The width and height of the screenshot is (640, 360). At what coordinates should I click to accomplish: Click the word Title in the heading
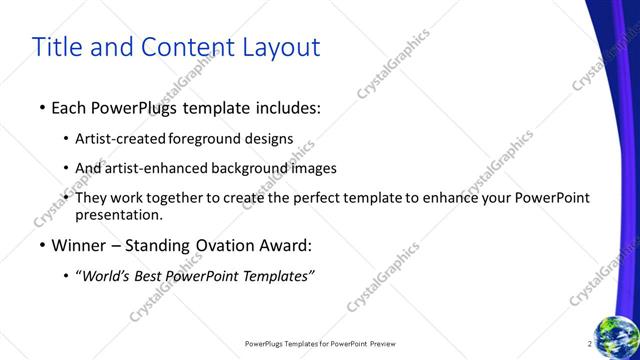point(57,47)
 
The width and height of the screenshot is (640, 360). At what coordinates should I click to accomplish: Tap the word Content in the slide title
point(180,47)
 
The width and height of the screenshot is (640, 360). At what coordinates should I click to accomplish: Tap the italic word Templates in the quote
point(275,276)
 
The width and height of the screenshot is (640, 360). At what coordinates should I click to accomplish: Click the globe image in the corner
point(617,337)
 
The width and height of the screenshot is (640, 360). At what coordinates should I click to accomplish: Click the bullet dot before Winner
point(41,246)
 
